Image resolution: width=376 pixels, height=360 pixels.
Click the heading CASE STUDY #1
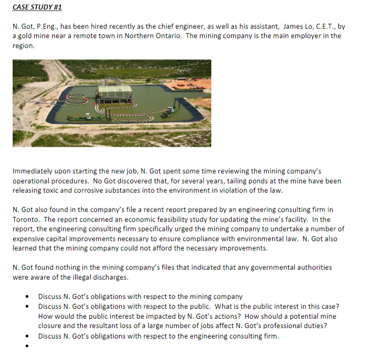[x=37, y=8]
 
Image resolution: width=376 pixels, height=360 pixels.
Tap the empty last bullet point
[x=27, y=346]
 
